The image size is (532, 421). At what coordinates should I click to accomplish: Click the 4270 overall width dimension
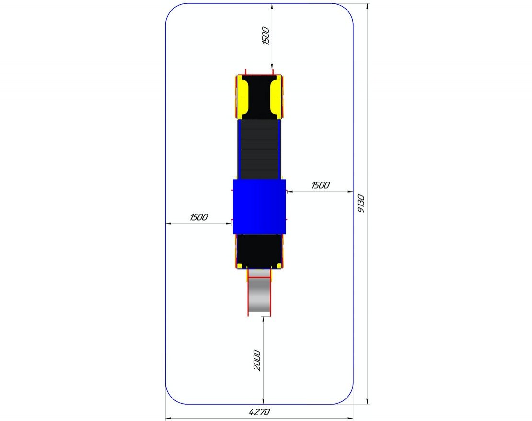click(x=260, y=412)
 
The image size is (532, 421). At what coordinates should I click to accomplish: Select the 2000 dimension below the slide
click(x=257, y=360)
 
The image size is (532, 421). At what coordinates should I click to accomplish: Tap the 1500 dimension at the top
click(x=266, y=35)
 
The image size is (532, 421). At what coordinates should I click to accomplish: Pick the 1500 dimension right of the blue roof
click(x=321, y=185)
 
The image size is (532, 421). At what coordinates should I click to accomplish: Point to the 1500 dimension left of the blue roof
click(x=199, y=217)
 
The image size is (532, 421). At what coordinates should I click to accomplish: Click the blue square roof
click(x=260, y=206)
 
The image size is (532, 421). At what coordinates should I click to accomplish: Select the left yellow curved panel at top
click(x=243, y=96)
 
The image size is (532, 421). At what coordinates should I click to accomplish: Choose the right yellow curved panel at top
click(x=276, y=96)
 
